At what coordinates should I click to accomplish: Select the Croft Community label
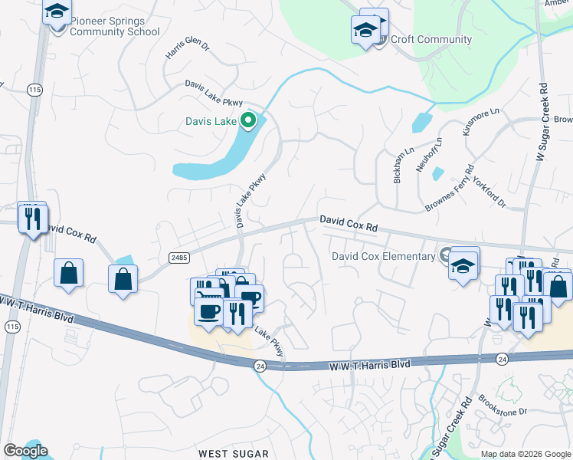431,39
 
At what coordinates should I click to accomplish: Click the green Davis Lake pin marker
248,120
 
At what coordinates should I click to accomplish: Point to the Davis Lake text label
211,121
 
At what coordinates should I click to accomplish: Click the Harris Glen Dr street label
187,48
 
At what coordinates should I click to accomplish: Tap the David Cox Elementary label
383,256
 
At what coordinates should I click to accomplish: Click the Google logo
25,451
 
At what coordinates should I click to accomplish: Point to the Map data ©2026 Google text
526,454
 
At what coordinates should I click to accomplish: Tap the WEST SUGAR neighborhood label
234,454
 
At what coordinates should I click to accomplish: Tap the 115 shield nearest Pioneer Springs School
34,90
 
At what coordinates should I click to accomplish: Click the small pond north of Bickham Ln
421,122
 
